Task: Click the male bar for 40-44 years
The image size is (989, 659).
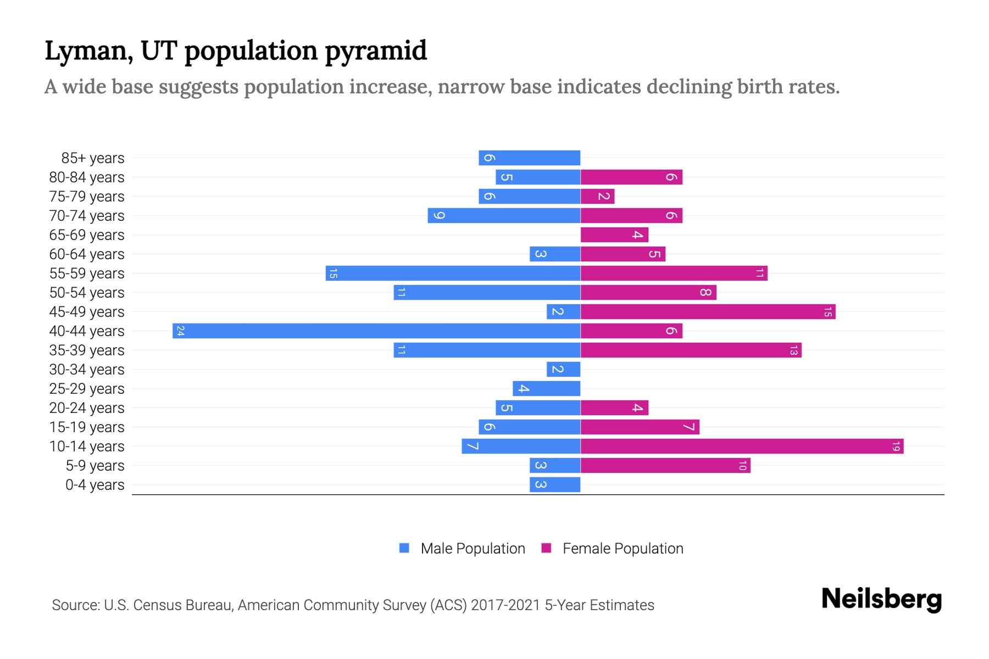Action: pyautogui.click(x=376, y=331)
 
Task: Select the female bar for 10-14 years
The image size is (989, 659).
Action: pyautogui.click(x=742, y=446)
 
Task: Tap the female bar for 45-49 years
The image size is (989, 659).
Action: pyautogui.click(x=708, y=312)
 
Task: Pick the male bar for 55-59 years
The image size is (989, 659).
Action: pyautogui.click(x=453, y=273)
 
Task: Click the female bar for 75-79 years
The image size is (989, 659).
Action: pyautogui.click(x=597, y=197)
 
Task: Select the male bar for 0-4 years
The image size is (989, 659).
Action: pyautogui.click(x=555, y=485)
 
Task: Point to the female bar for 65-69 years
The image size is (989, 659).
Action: pyautogui.click(x=614, y=235)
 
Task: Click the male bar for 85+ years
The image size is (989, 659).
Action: pyautogui.click(x=529, y=158)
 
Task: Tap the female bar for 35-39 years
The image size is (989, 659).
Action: pyautogui.click(x=691, y=350)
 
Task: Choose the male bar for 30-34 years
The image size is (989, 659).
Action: pyautogui.click(x=563, y=370)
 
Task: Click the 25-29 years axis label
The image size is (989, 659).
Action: pyautogui.click(x=87, y=389)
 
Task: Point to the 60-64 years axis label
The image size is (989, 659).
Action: pyautogui.click(x=87, y=254)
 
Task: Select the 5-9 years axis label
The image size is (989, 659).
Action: pyautogui.click(x=95, y=466)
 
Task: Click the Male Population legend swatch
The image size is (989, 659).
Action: pyautogui.click(x=404, y=548)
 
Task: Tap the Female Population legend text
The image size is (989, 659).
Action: pyautogui.click(x=623, y=549)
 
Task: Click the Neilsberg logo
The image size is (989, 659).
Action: pyautogui.click(x=881, y=599)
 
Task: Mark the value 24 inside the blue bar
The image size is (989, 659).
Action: pyautogui.click(x=180, y=331)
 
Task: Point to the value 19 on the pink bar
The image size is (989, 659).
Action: pyautogui.click(x=896, y=446)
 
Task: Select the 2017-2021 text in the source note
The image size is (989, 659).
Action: pyautogui.click(x=505, y=605)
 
